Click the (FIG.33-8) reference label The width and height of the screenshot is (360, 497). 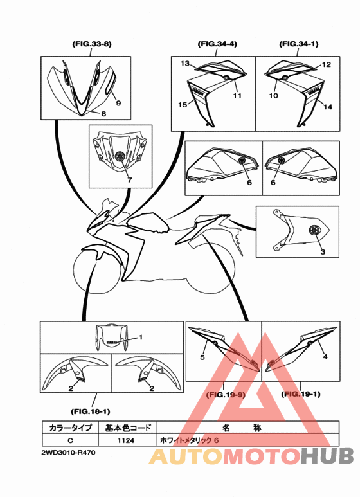point(91,44)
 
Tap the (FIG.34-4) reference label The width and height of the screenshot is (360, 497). point(217,44)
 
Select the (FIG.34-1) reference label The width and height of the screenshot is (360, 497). point(299,44)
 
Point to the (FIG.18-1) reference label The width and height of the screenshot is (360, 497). point(90,411)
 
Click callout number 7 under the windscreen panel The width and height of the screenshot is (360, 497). point(129,180)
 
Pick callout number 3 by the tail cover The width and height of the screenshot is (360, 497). point(323,252)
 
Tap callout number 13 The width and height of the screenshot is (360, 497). point(184,64)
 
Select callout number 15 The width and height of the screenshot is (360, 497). point(183,105)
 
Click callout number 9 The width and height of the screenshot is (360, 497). point(118,103)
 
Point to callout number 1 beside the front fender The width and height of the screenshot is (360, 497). point(141,337)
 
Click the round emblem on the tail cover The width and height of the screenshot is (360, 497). point(314,230)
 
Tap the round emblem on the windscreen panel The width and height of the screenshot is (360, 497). point(120,156)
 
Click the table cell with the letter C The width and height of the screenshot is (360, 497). point(70,440)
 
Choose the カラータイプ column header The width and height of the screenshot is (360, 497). point(70,428)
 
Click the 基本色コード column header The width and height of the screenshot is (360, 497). point(127,428)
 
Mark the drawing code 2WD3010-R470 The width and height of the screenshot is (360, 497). point(68,453)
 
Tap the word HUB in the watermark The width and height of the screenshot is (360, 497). point(327,456)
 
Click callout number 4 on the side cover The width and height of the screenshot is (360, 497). point(325,357)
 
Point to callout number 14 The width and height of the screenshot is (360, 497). point(328,107)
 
